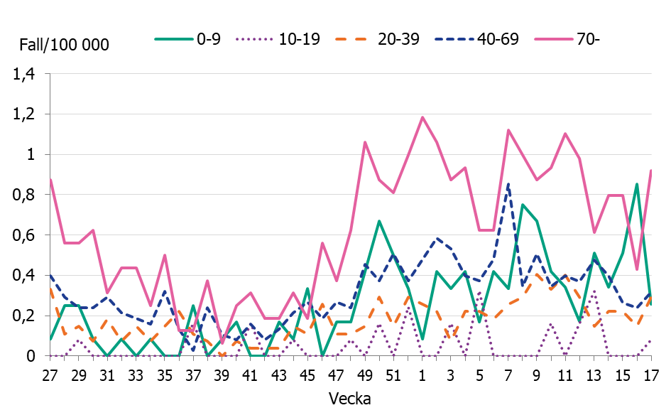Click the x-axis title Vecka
[x=349, y=399]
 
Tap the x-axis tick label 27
[x=50, y=374]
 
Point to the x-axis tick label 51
[x=393, y=374]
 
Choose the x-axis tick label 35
[x=164, y=374]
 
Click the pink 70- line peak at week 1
[x=422, y=117]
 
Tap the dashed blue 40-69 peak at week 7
[x=508, y=183]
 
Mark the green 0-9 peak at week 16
[x=637, y=184]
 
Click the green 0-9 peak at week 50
[x=379, y=221]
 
